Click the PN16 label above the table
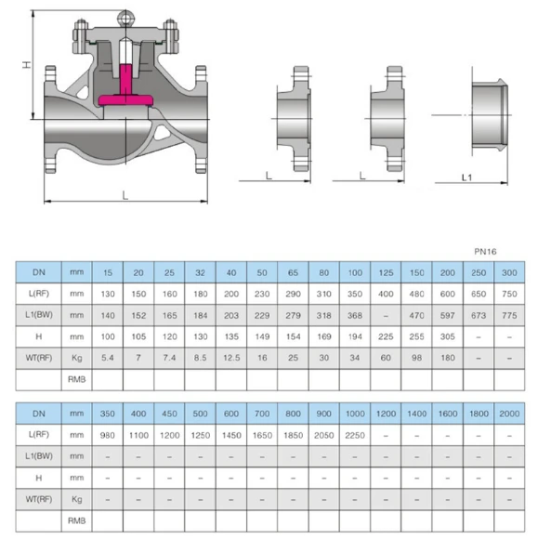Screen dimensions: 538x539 pyautogui.click(x=485, y=252)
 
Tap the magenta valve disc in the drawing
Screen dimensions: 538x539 pyautogui.click(x=125, y=99)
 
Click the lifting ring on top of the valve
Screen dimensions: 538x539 pyautogui.click(x=125, y=18)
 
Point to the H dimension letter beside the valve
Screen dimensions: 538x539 pyautogui.click(x=26, y=65)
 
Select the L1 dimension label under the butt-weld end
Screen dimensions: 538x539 pyautogui.click(x=466, y=177)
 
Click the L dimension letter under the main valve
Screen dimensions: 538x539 pyautogui.click(x=125, y=196)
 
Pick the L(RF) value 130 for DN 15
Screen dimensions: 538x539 pyautogui.click(x=108, y=294)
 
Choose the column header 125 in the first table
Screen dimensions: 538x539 pyautogui.click(x=386, y=272)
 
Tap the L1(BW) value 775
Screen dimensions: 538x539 pyautogui.click(x=509, y=315)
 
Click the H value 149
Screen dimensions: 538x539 pyautogui.click(x=262, y=336)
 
